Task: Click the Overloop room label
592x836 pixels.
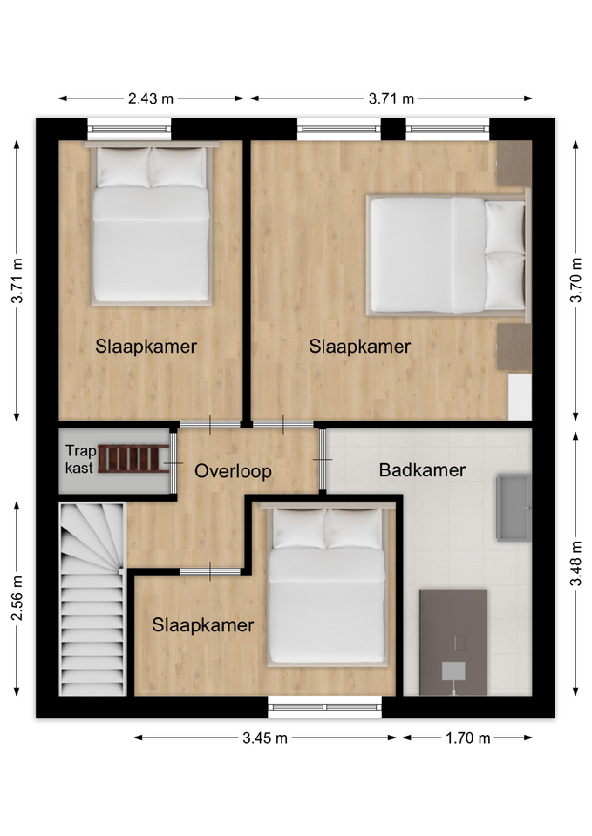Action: pyautogui.click(x=233, y=471)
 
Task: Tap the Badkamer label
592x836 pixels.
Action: pyautogui.click(x=422, y=469)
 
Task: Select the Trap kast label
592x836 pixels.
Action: pyautogui.click(x=80, y=459)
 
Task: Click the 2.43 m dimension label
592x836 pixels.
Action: pyautogui.click(x=151, y=98)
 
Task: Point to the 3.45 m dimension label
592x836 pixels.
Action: pyautogui.click(x=265, y=738)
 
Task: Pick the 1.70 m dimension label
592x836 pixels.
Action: pyautogui.click(x=467, y=738)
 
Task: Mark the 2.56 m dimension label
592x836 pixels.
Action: pyautogui.click(x=17, y=598)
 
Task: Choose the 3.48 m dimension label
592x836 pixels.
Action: pyautogui.click(x=575, y=563)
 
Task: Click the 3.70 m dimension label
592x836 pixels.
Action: pyautogui.click(x=575, y=280)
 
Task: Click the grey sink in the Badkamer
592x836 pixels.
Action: pyautogui.click(x=514, y=507)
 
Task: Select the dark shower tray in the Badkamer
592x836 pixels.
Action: pyautogui.click(x=453, y=642)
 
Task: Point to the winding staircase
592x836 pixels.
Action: pyautogui.click(x=93, y=599)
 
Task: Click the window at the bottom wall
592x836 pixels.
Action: pyautogui.click(x=324, y=707)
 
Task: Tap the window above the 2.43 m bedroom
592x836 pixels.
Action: pyautogui.click(x=129, y=129)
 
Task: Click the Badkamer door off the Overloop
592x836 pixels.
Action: pyautogui.click(x=323, y=459)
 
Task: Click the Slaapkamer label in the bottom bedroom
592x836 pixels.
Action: pyautogui.click(x=203, y=625)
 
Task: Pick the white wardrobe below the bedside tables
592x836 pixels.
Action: pyautogui.click(x=520, y=397)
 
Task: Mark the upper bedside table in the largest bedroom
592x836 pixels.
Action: pyautogui.click(x=514, y=163)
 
